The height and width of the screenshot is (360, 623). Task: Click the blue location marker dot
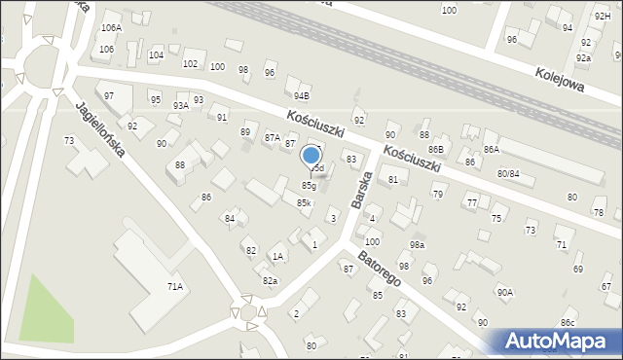point(311,155)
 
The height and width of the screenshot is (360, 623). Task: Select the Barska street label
point(363,188)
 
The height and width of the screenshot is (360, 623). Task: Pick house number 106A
point(111,29)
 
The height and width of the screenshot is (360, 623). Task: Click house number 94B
point(302,95)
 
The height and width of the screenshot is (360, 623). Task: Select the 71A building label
point(176,286)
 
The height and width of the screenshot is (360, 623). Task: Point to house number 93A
point(181,105)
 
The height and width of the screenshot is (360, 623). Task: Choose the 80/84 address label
point(508,173)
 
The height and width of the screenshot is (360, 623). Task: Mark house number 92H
point(603,17)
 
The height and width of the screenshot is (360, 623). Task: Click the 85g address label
point(309,185)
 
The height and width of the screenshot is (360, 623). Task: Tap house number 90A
point(504,291)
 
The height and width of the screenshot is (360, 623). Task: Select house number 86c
point(568,321)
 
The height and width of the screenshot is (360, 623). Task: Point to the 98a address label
point(417,245)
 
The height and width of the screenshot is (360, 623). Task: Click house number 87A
point(273,138)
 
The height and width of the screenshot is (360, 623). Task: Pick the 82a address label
point(270,280)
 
